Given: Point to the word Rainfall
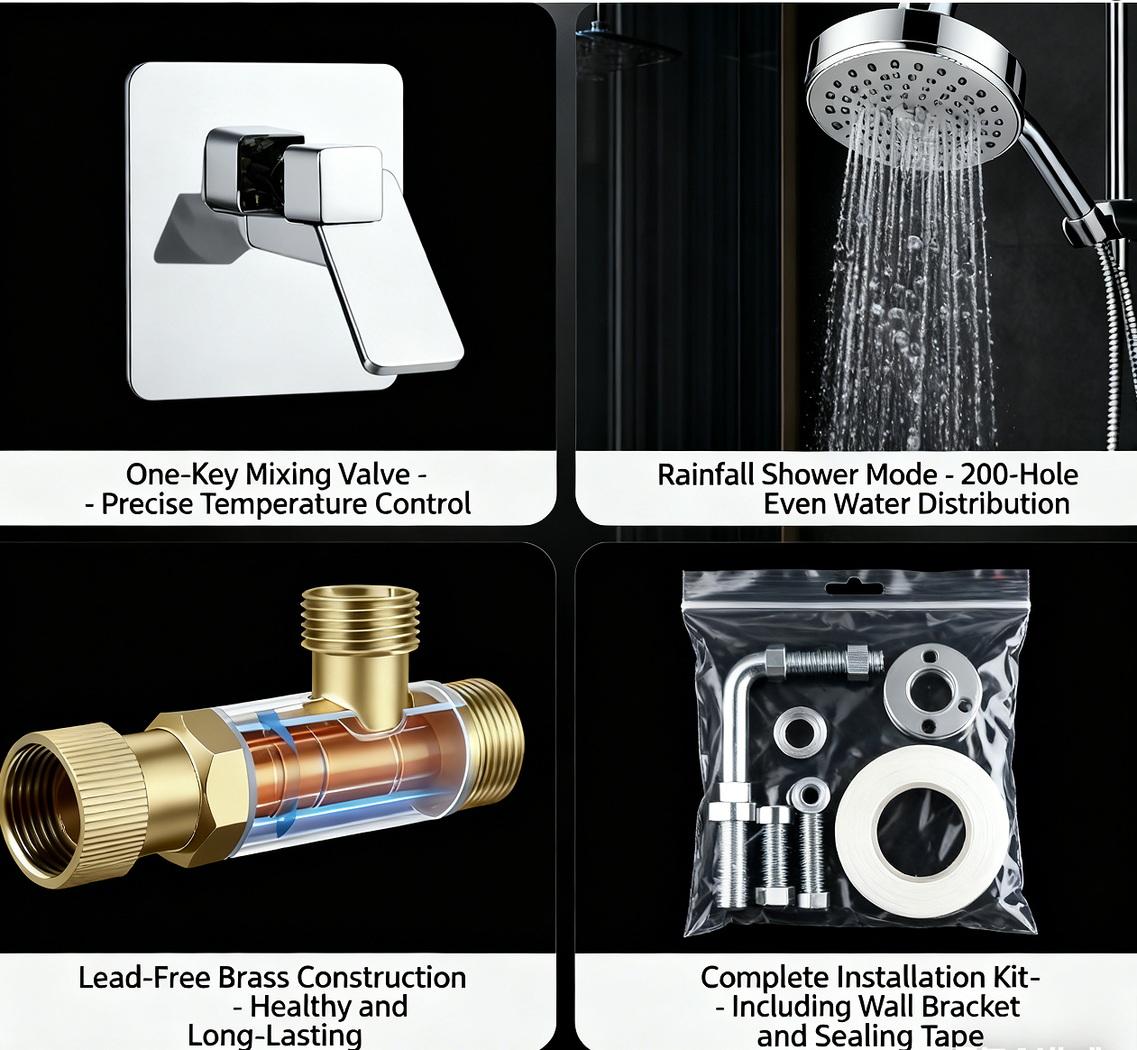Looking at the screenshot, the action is point(705,474).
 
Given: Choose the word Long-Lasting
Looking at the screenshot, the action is point(275,1036).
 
